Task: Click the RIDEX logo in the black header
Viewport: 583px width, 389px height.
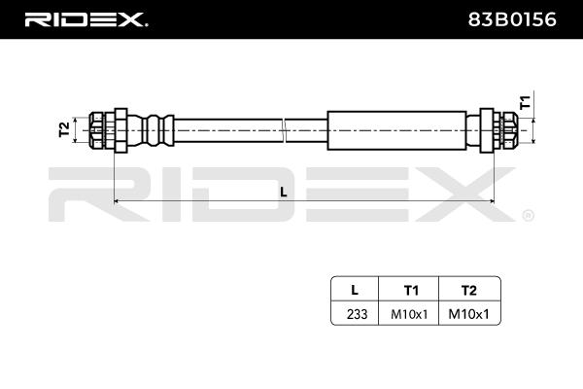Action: click(x=86, y=18)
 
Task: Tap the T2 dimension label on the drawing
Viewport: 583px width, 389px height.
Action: click(x=64, y=129)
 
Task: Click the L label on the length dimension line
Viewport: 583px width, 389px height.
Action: click(x=283, y=192)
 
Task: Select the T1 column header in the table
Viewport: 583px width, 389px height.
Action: click(x=411, y=289)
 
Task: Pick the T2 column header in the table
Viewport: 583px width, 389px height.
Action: click(x=469, y=289)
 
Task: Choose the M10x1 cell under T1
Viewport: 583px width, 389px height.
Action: click(x=411, y=313)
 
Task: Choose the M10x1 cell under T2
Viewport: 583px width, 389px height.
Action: click(x=469, y=313)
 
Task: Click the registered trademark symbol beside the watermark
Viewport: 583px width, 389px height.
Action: click(x=528, y=215)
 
